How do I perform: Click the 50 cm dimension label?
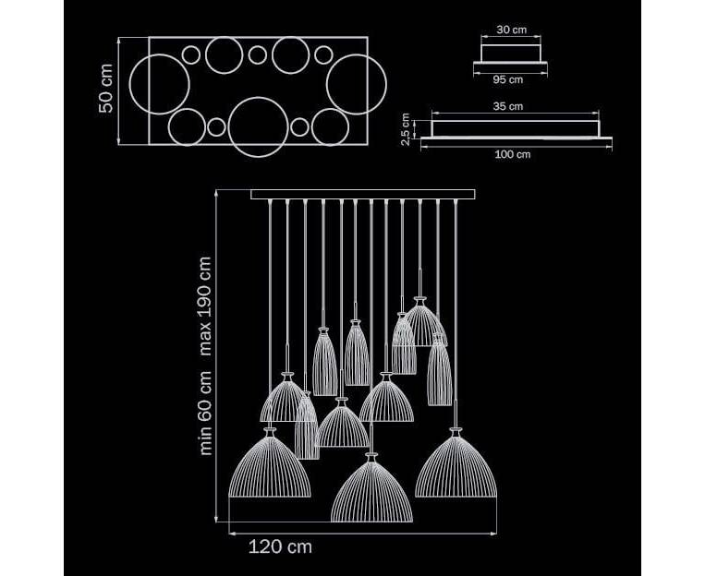[x=106, y=89]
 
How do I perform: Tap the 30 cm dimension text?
[x=511, y=30]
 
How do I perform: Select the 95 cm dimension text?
[x=508, y=79]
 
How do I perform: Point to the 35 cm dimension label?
[x=508, y=106]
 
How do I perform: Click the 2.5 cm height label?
[x=406, y=129]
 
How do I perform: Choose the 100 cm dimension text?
[x=513, y=154]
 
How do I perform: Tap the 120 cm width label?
[x=280, y=546]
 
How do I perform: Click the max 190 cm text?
[x=204, y=306]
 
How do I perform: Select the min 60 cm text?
[x=205, y=413]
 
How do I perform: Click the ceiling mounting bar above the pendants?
[x=363, y=195]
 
